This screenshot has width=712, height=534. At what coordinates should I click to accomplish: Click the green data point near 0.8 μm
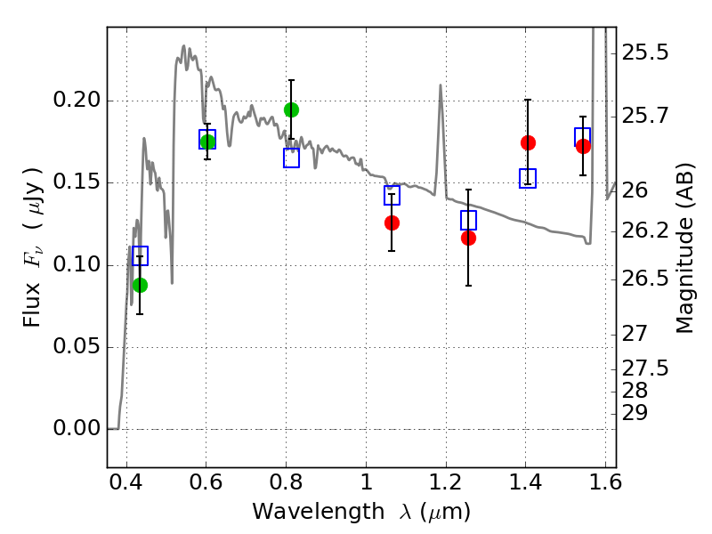[291, 110]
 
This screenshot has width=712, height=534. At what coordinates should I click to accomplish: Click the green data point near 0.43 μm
[140, 285]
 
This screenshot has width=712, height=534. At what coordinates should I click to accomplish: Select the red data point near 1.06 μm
[392, 222]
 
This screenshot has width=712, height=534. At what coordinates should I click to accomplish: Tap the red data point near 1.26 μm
[468, 238]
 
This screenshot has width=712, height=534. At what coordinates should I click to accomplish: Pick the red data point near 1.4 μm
[528, 142]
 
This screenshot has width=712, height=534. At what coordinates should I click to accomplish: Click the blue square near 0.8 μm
[291, 158]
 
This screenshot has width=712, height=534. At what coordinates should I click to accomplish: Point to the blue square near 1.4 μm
[528, 179]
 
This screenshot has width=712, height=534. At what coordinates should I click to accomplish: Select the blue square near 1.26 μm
[468, 220]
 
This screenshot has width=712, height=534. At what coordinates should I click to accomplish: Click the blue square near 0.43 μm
[140, 255]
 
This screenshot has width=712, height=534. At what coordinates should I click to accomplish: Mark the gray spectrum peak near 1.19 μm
[441, 85]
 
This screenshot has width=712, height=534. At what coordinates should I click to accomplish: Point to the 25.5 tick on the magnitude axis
[645, 53]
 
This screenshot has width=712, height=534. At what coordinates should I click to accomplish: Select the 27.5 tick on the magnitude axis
[645, 368]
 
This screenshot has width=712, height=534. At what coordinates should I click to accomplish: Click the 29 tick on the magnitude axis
[640, 413]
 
